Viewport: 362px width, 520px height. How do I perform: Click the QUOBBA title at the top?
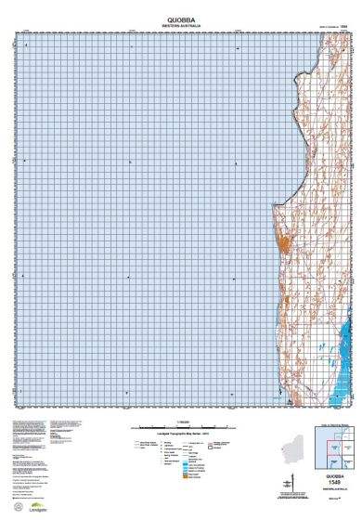coord(181,17)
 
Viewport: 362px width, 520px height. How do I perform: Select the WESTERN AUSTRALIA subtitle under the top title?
coord(181,24)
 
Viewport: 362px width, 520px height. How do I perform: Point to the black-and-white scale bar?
coord(181,424)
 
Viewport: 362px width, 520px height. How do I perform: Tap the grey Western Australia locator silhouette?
coord(295,445)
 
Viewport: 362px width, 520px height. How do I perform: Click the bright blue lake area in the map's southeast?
coord(347,353)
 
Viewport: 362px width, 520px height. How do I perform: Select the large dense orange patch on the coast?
coord(282,246)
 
